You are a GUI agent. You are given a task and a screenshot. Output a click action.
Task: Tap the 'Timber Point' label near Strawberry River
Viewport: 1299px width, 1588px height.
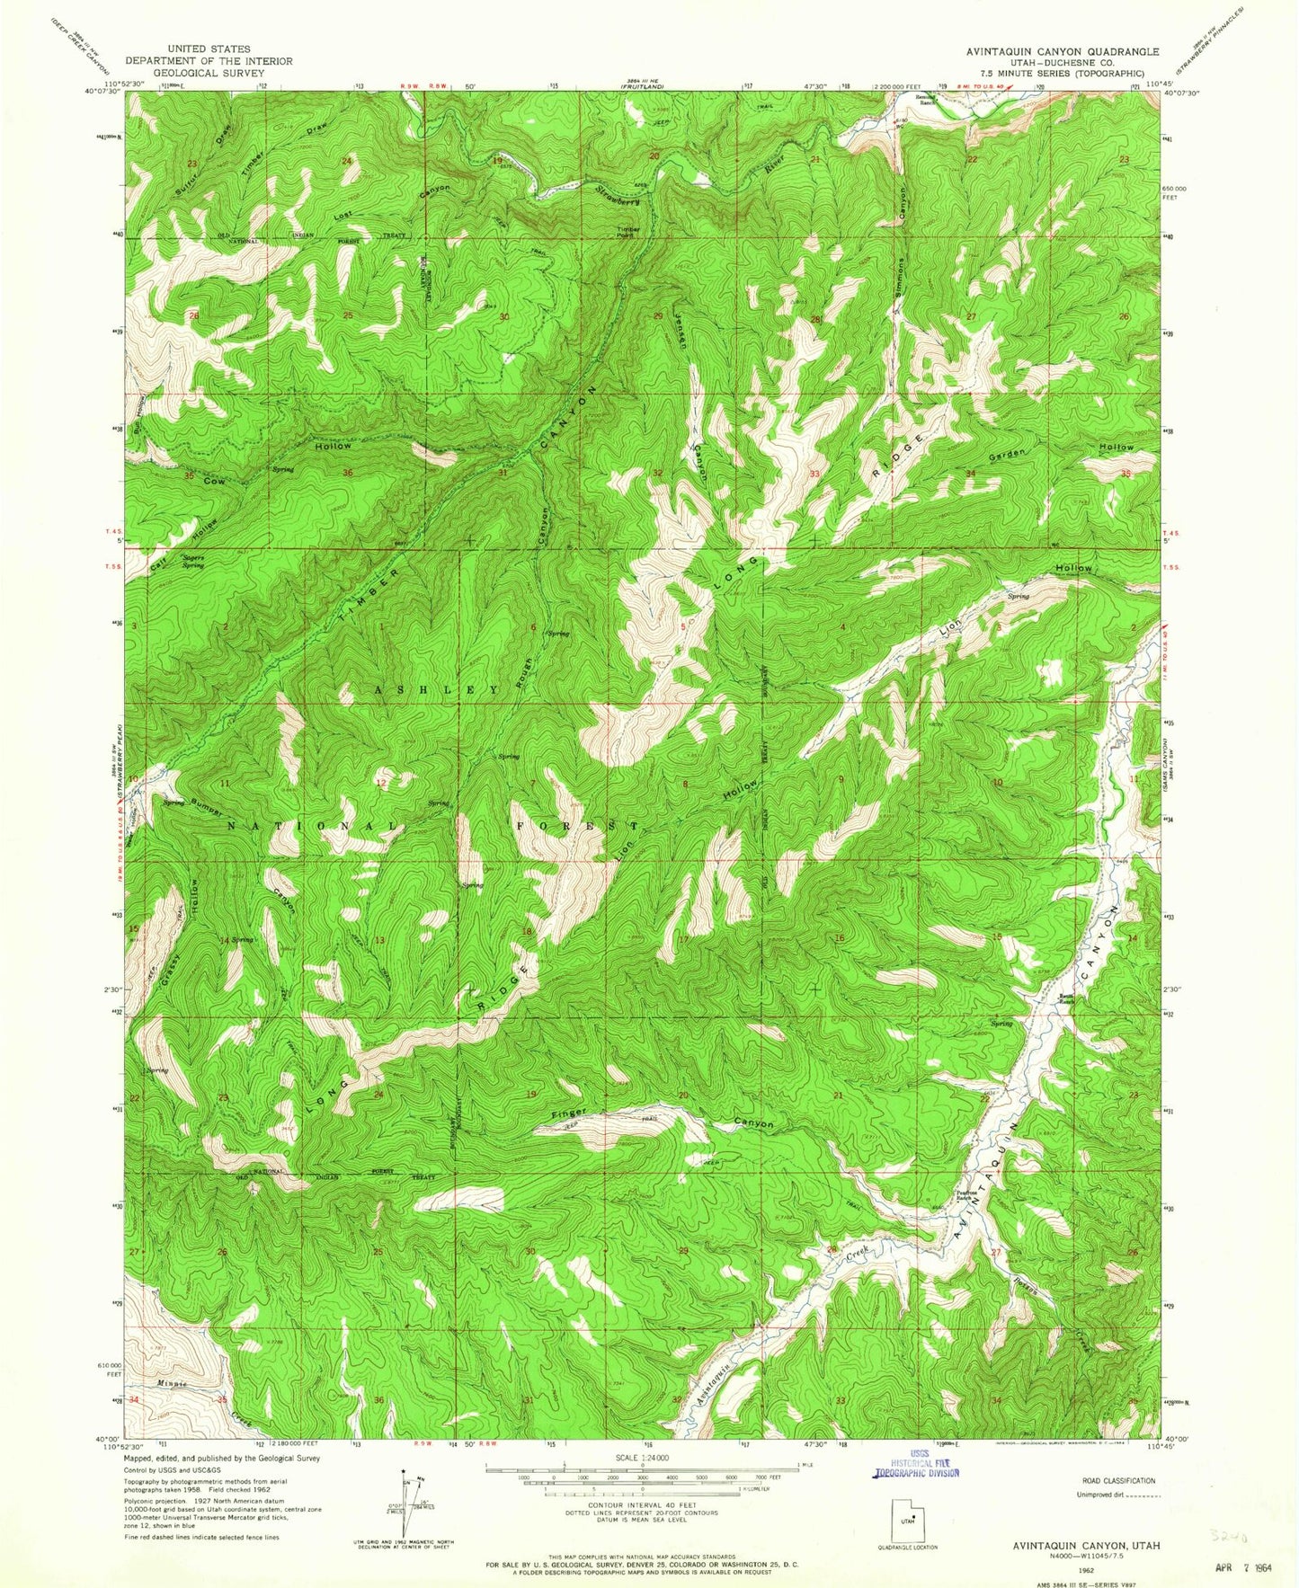pyautogui.click(x=628, y=232)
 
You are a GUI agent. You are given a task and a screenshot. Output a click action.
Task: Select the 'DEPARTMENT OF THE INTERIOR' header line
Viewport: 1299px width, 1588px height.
pyautogui.click(x=209, y=61)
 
